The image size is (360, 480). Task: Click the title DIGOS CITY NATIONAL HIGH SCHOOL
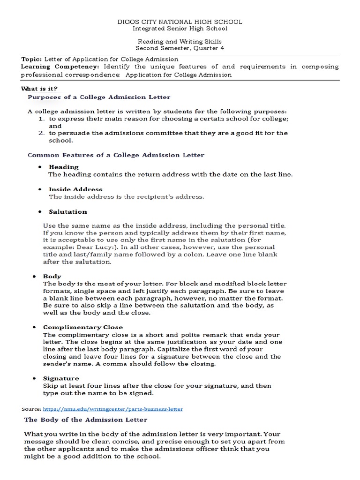coord(180,22)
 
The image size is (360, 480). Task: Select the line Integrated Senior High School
coord(180,29)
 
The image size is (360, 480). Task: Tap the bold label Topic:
coord(31,60)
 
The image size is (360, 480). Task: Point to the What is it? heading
coord(39,89)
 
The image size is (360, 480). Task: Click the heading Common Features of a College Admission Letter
coord(116,154)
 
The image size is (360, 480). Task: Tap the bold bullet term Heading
coord(64,167)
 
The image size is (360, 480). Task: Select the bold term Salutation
coord(68,212)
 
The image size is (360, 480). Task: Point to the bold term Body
coord(52,277)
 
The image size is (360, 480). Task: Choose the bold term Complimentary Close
coord(83,327)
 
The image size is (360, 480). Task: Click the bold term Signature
coord(61,378)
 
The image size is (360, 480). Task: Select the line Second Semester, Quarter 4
coord(180,48)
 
